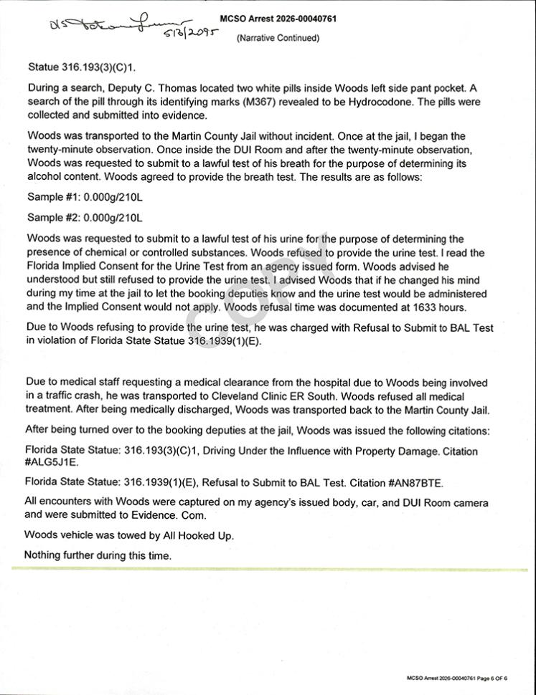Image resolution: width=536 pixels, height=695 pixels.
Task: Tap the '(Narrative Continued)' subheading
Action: click(x=278, y=38)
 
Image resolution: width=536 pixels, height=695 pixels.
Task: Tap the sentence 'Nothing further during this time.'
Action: click(x=98, y=555)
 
